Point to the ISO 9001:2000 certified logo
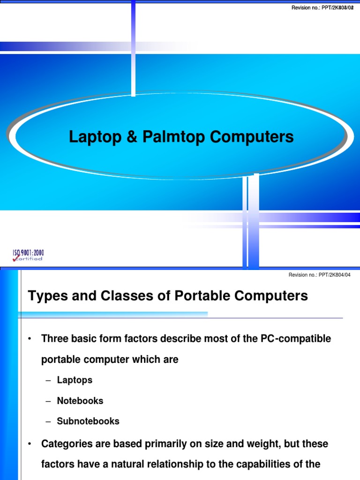click(28, 255)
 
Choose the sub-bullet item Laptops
click(75, 380)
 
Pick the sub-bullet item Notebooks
click(80, 401)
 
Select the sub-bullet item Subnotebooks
click(88, 421)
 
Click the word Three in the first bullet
click(54, 338)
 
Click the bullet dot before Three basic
click(30, 339)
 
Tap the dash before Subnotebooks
click(48, 421)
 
